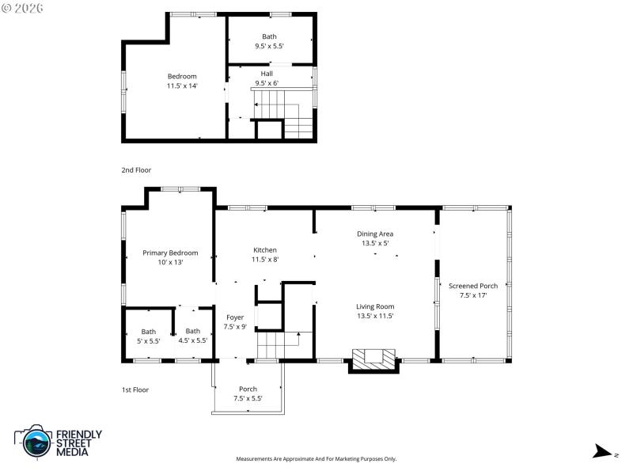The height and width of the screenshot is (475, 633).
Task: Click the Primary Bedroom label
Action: [x=170, y=253]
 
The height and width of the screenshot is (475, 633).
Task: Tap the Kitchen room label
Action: [x=265, y=249]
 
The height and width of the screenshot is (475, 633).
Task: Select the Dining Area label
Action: [x=374, y=234]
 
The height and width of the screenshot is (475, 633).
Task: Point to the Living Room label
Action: [x=374, y=306]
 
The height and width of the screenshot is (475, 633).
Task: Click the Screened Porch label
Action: [x=473, y=286]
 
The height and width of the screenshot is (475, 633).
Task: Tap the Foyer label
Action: [x=235, y=317]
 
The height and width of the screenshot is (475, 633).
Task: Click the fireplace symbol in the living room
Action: [x=372, y=359]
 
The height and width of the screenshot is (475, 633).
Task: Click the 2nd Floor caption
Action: [x=136, y=170]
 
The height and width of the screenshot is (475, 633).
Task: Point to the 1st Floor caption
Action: [x=135, y=389]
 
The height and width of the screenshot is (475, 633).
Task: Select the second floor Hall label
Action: [x=267, y=74]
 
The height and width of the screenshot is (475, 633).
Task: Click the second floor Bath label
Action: [x=269, y=36]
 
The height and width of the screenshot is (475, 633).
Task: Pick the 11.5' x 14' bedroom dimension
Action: [x=182, y=85]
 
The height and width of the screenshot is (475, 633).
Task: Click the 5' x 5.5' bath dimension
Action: [x=149, y=340]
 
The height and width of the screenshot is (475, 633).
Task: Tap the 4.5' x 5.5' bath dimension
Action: [x=192, y=340]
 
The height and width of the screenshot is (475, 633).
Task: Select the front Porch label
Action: [x=248, y=389]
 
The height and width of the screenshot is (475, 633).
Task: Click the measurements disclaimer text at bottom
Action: [x=316, y=459]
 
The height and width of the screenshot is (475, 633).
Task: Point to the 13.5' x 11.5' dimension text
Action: [x=374, y=316]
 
